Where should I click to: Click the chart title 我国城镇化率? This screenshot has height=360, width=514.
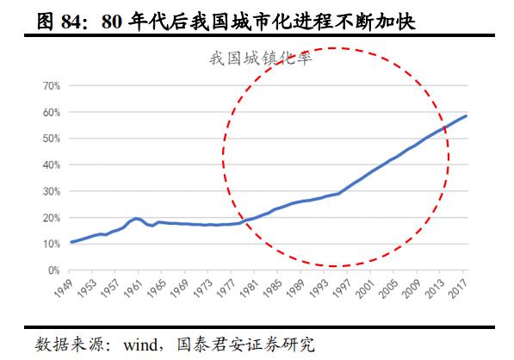259,59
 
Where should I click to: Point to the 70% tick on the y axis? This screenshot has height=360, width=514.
48,86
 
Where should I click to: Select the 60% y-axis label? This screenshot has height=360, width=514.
48,113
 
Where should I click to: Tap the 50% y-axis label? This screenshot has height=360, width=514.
48,139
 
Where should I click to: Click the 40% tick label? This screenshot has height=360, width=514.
48,165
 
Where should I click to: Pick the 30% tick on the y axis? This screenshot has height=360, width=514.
48,192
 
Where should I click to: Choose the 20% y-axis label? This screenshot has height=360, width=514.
48,218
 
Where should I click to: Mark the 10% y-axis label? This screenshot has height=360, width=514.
48,245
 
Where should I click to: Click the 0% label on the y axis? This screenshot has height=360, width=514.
51,270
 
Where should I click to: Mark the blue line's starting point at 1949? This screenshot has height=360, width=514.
71,242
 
